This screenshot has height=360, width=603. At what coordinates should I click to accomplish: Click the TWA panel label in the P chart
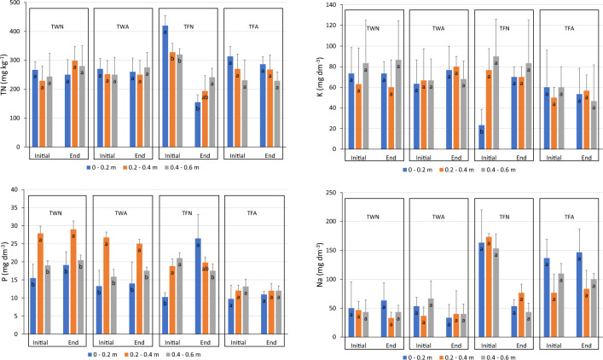[123, 214]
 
